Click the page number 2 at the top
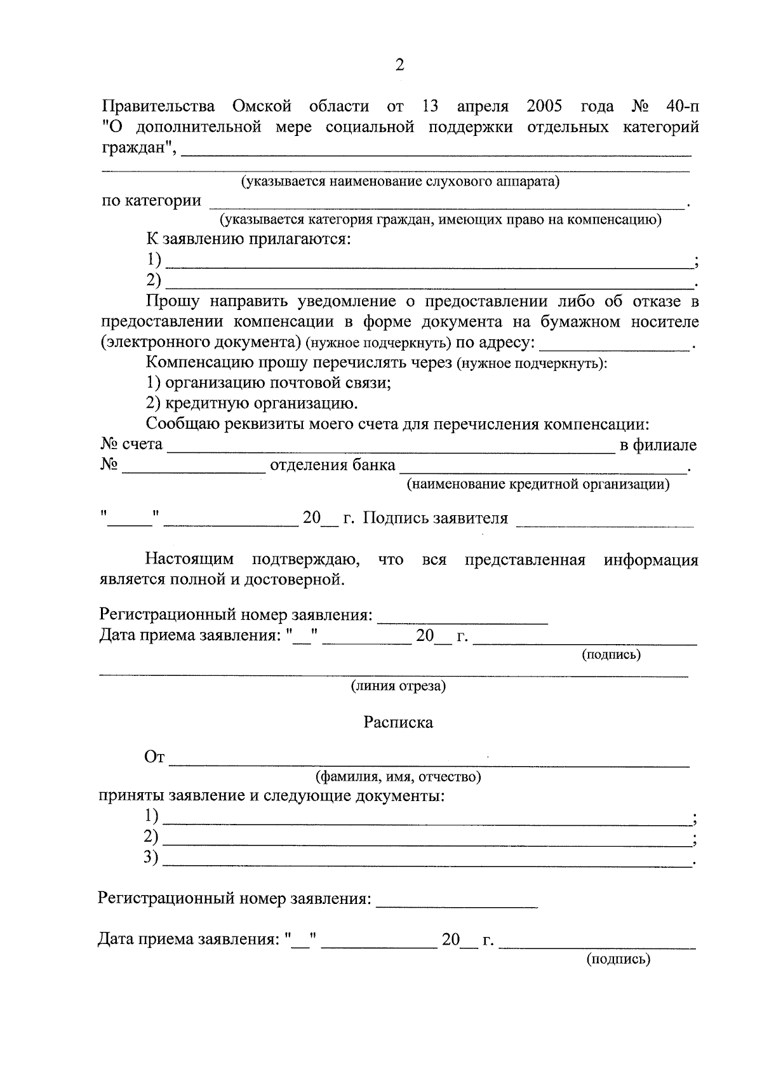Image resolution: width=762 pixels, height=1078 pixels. point(399,65)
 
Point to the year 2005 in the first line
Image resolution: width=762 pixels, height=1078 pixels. point(544,106)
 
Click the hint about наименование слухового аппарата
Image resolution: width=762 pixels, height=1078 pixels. point(399,182)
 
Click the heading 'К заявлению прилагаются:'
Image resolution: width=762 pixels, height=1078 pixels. point(248,239)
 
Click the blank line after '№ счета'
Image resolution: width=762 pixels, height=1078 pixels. point(391,447)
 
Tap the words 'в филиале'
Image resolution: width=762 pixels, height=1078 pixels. point(658,445)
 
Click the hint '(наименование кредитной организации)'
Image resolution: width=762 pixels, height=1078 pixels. point(538,485)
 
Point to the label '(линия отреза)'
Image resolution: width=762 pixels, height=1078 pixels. point(399,686)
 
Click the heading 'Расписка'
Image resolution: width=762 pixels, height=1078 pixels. point(398,722)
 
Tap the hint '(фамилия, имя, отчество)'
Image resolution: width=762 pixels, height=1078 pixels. point(398,777)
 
